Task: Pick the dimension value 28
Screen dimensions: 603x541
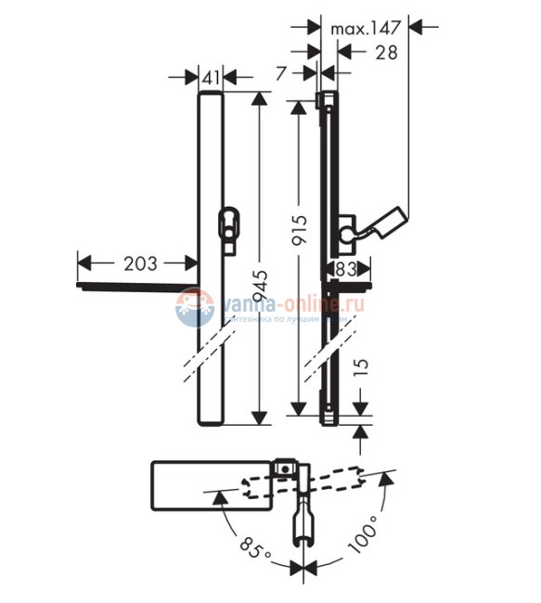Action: click(385, 53)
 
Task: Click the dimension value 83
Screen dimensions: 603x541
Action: click(344, 268)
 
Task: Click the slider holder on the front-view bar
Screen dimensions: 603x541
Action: click(226, 225)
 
